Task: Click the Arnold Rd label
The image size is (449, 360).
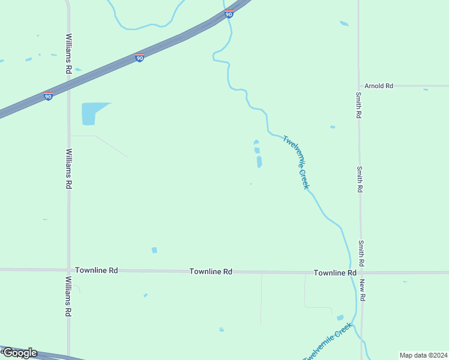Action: click(x=378, y=86)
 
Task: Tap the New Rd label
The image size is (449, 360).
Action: click(x=363, y=290)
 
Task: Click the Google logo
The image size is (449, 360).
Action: click(x=20, y=352)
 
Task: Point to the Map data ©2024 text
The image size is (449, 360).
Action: click(x=423, y=355)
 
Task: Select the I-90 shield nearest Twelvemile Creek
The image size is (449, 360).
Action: click(x=229, y=14)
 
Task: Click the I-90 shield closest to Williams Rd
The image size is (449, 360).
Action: click(x=48, y=95)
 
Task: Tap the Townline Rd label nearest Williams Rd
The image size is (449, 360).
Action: click(x=96, y=271)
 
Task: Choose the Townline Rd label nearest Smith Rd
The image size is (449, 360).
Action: click(x=335, y=272)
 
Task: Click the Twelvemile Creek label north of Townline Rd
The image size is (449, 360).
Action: click(x=297, y=162)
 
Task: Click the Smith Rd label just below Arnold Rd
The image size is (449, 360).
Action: click(x=358, y=104)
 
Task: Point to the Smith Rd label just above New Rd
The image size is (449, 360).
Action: click(x=362, y=253)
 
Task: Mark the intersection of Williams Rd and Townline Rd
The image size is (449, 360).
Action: click(x=68, y=270)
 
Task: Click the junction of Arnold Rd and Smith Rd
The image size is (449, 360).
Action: click(x=359, y=86)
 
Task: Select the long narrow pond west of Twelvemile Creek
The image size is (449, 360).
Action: click(x=259, y=161)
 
